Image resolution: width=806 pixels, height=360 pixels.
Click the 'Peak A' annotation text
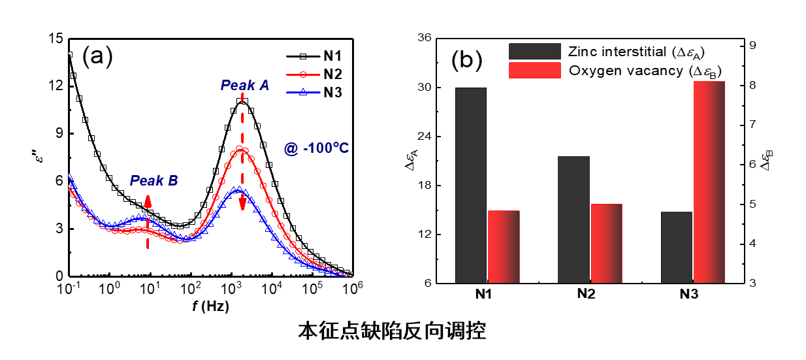pyautogui.click(x=245, y=85)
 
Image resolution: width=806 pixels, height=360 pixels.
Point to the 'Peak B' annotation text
pyautogui.click(x=153, y=181)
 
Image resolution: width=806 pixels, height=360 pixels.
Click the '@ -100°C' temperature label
pyautogui.click(x=316, y=148)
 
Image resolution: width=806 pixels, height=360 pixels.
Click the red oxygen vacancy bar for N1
pyautogui.click(x=504, y=246)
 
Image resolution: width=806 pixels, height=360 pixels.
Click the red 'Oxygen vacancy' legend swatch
pyautogui.click(x=535, y=70)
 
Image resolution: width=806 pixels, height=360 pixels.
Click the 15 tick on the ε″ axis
pyautogui.click(x=55, y=39)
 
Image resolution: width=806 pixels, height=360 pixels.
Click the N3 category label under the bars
pyautogui.click(x=688, y=295)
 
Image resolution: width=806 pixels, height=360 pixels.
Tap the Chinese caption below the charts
pyautogui.click(x=392, y=331)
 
